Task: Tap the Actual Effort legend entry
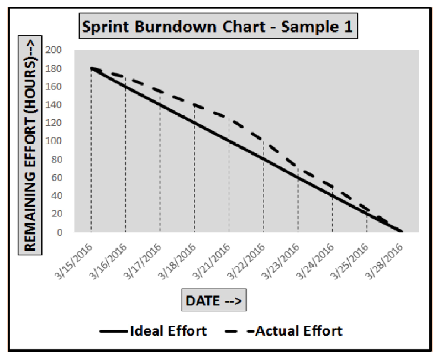[x=287, y=331]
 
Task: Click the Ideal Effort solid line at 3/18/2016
[x=194, y=123]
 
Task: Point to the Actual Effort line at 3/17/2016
[x=160, y=91]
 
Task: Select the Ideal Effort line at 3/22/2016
[x=264, y=159]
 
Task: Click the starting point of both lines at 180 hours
[x=91, y=68]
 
